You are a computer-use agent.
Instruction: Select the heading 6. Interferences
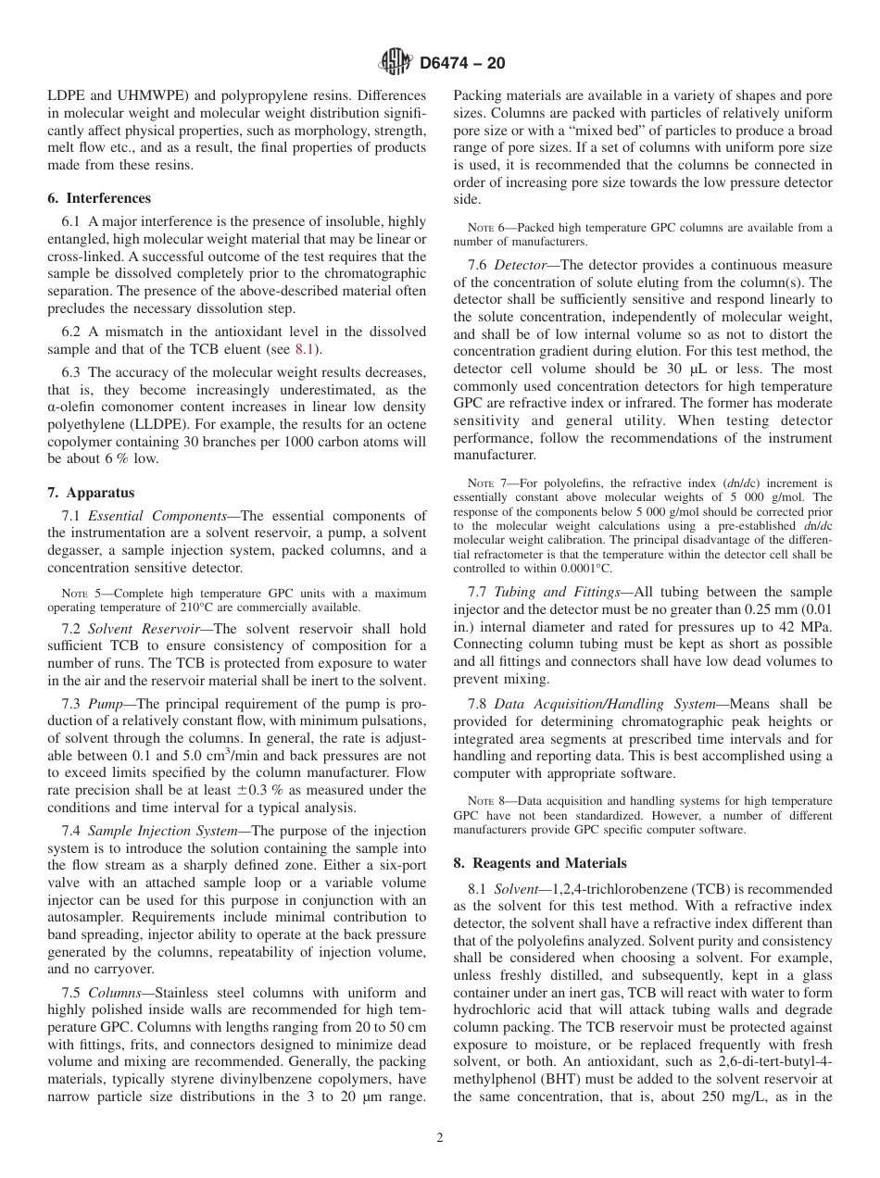pyautogui.click(x=99, y=198)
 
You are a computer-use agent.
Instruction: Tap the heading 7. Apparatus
pyautogui.click(x=91, y=493)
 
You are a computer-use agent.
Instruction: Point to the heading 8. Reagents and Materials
pyautogui.click(x=539, y=862)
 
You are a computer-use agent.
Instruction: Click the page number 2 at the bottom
pyautogui.click(x=440, y=1138)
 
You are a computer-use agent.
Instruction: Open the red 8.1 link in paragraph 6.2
pyautogui.click(x=304, y=349)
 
